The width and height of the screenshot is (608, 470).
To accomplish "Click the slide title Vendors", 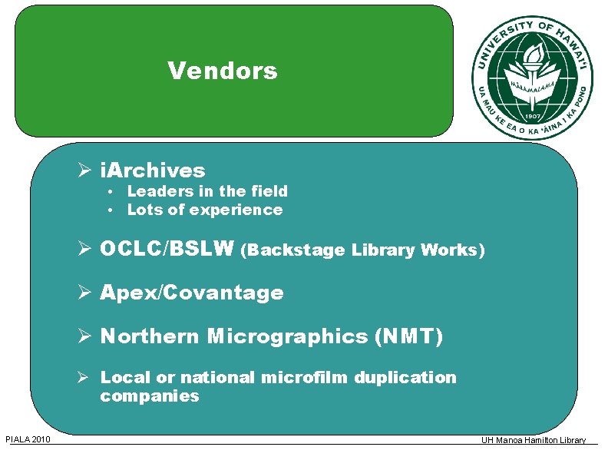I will pyautogui.click(x=223, y=71).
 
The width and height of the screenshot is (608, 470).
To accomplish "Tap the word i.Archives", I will pyautogui.click(x=153, y=170).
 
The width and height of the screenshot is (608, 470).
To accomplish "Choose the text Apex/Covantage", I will pyautogui.click(x=191, y=293).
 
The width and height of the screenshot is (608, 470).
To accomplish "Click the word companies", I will pyautogui.click(x=149, y=396).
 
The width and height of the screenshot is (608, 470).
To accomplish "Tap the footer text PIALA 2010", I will pyautogui.click(x=28, y=439).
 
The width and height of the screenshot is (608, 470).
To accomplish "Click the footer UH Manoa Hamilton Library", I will pyautogui.click(x=533, y=440).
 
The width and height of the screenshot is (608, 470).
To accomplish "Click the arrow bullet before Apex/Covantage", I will pyautogui.click(x=87, y=293).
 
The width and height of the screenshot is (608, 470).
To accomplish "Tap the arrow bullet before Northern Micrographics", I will pyautogui.click(x=87, y=336).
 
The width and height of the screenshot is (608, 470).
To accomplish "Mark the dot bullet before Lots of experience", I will pyautogui.click(x=111, y=210).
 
